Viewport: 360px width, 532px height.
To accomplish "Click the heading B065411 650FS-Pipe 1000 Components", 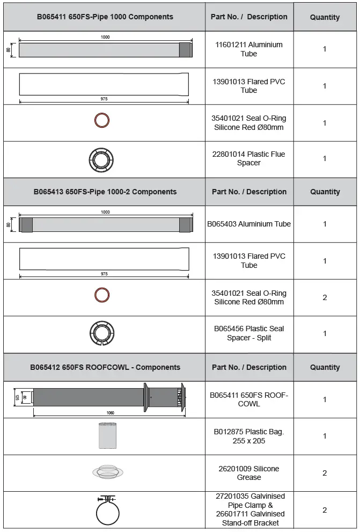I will pyautogui.click(x=105, y=17).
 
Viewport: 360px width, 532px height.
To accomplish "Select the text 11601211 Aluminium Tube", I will pyautogui.click(x=248, y=49).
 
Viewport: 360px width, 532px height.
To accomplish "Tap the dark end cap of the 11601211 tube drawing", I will pyautogui.click(x=185, y=50).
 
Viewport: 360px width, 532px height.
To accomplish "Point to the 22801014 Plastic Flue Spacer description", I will pyautogui.click(x=248, y=158).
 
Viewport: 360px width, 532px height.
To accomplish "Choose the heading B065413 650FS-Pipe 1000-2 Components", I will pyautogui.click(x=105, y=192).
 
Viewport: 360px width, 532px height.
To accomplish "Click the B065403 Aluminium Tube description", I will pyautogui.click(x=249, y=224).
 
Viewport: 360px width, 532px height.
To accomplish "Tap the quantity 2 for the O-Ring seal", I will pyautogui.click(x=325, y=297).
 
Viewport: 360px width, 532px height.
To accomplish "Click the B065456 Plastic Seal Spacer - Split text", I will pyautogui.click(x=249, y=333).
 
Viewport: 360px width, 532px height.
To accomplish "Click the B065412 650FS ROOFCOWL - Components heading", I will pyautogui.click(x=105, y=367).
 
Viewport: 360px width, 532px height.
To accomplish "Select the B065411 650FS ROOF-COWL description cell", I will pyautogui.click(x=249, y=399).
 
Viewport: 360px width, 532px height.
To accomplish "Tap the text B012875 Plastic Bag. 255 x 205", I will pyautogui.click(x=249, y=436).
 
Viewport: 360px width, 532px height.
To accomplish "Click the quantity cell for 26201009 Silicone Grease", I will pyautogui.click(x=325, y=473).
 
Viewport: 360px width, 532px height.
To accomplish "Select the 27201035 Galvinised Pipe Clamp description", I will pyautogui.click(x=249, y=509).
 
